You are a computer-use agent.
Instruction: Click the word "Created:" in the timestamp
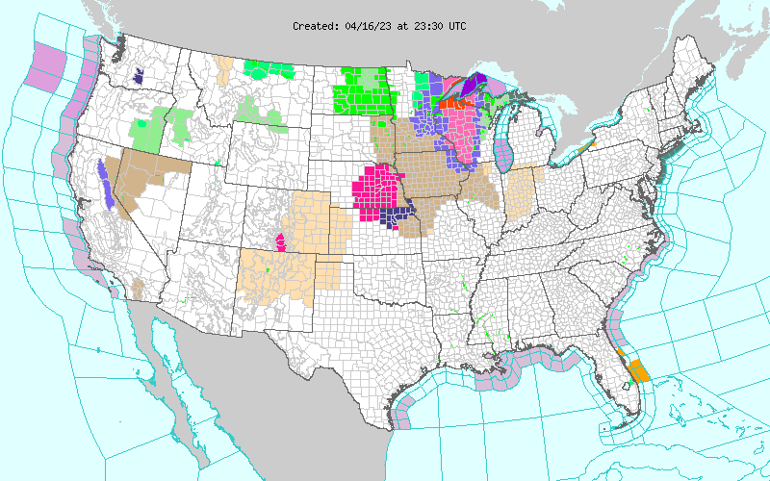315,26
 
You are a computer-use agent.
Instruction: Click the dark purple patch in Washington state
139,76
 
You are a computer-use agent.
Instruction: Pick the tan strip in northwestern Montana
224,69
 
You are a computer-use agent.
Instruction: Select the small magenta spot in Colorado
281,240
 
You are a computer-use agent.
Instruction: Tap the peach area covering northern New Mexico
279,274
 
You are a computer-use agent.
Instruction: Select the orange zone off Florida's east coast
637,369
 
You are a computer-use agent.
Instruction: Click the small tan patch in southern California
138,288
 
